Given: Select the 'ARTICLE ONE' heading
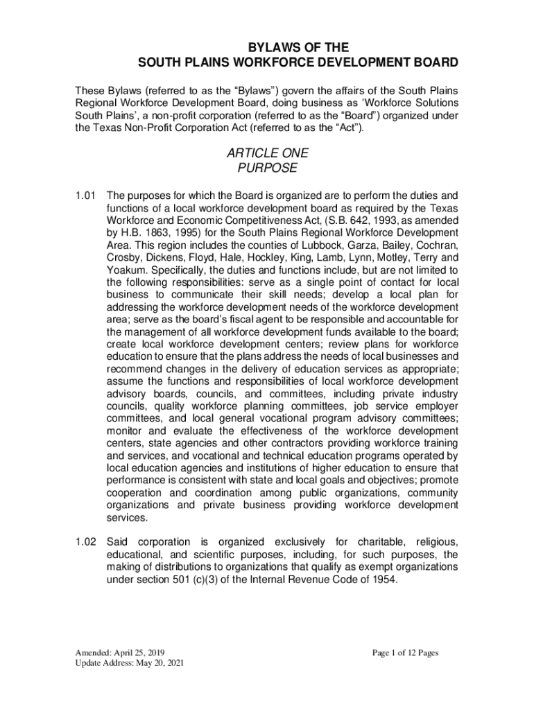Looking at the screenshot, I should coord(267,153).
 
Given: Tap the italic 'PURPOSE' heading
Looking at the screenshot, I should coord(267,168).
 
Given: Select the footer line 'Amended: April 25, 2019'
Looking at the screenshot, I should coord(121,653).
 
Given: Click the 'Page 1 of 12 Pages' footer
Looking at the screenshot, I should coord(405,653).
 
